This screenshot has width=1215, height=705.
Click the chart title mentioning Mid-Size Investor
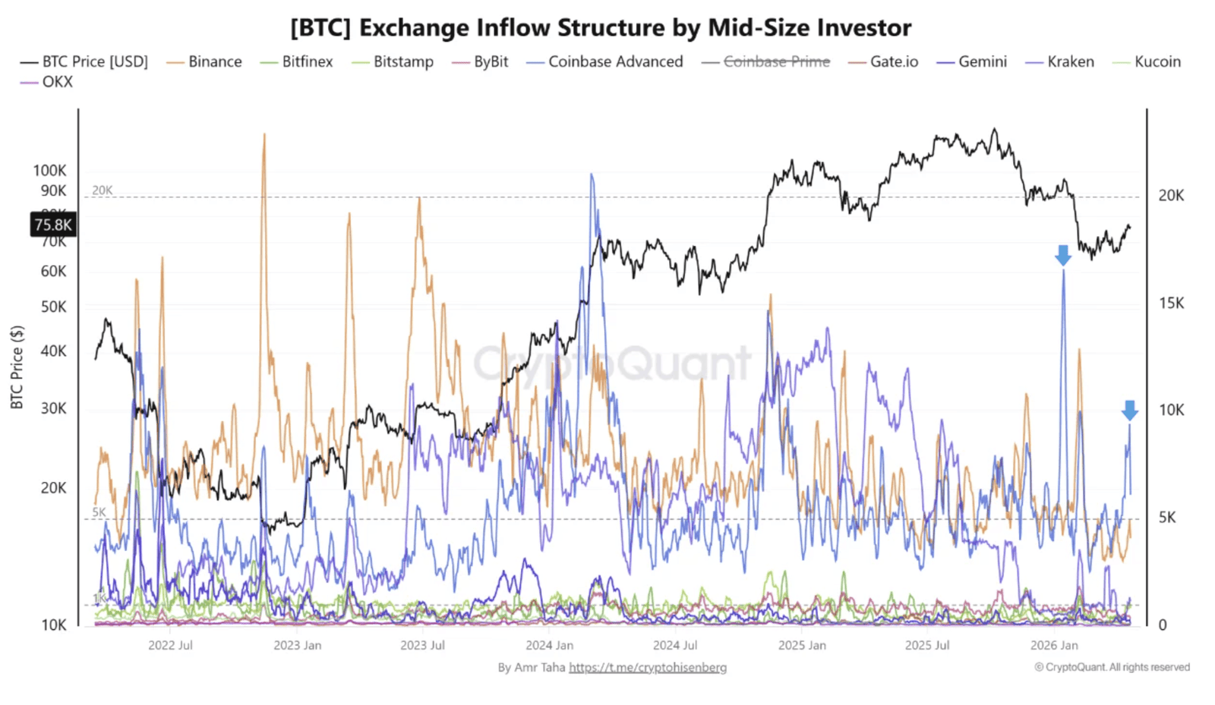coord(601,28)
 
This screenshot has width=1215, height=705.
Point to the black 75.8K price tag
coord(53,225)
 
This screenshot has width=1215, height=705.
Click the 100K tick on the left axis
coord(49,171)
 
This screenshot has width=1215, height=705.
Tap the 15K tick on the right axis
coord(1171,303)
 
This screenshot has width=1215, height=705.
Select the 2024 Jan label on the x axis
coord(549,645)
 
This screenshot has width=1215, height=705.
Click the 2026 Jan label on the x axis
coord(1054,645)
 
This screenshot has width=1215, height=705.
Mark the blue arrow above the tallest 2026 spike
coord(1063,255)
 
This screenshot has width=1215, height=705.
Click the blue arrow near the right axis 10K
coord(1130,410)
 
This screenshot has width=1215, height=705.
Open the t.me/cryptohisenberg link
coord(648,667)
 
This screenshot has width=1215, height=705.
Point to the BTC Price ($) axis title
coord(17,367)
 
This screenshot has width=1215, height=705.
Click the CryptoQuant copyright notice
coord(1112,667)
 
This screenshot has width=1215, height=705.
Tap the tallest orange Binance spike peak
coord(264,135)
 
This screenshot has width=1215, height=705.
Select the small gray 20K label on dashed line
coord(103,190)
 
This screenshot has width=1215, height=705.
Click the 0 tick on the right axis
coord(1162,625)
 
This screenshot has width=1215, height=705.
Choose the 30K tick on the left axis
coord(53,408)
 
